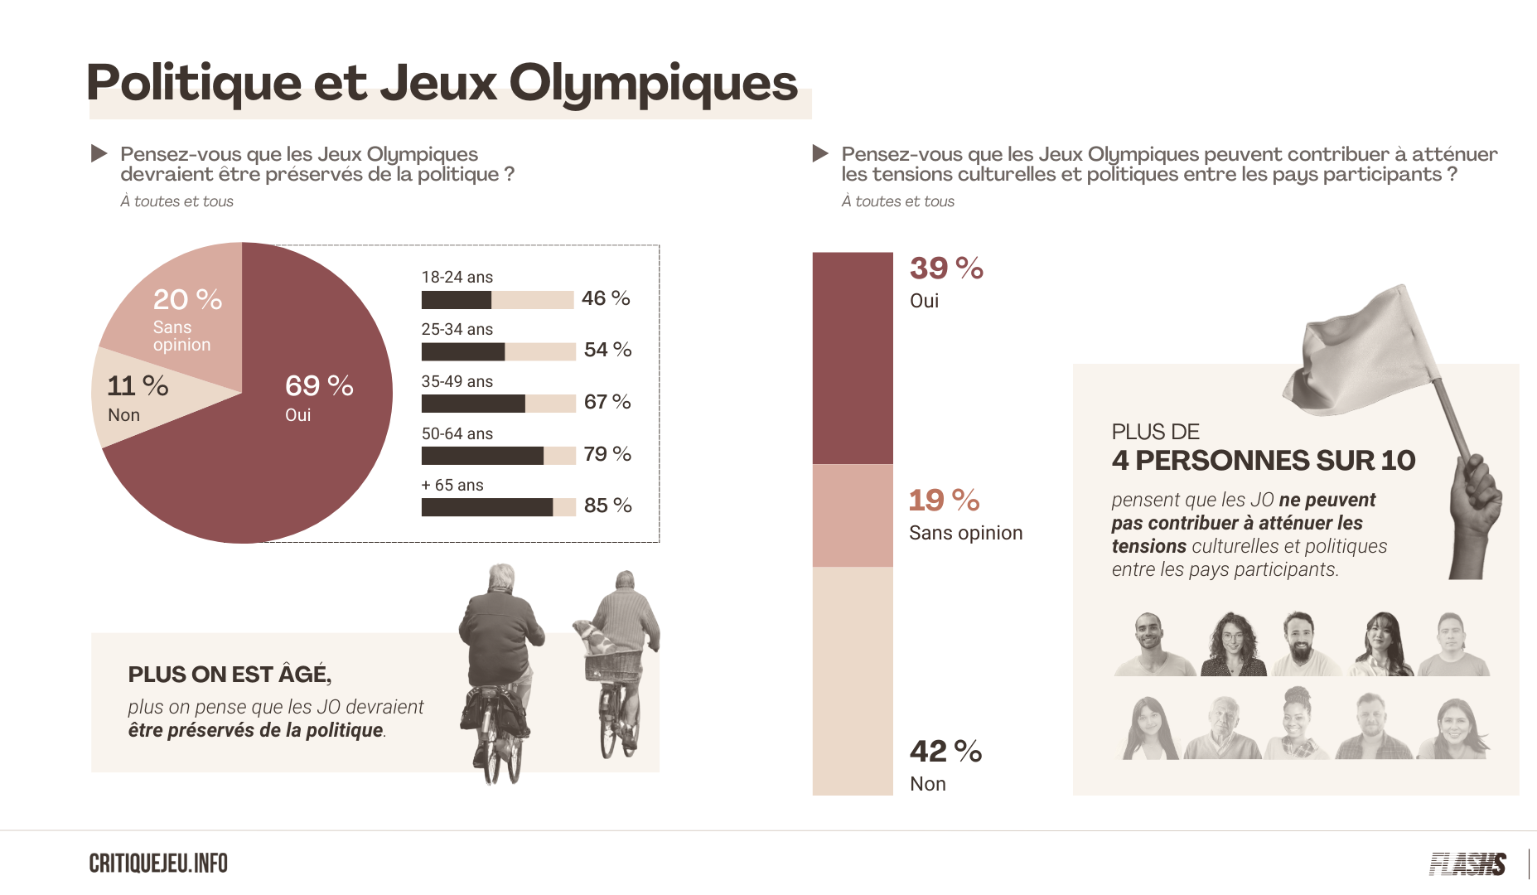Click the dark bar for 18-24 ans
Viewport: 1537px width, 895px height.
(457, 300)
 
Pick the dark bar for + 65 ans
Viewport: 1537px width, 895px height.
(487, 507)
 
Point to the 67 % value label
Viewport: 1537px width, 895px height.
(607, 402)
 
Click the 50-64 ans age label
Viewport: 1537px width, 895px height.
(457, 433)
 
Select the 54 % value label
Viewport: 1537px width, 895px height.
(607, 350)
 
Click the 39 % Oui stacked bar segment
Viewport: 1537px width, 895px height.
(853, 358)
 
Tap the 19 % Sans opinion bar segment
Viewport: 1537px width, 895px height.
(853, 515)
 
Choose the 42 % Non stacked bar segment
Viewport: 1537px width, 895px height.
(853, 681)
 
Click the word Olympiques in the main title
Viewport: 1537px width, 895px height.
(653, 85)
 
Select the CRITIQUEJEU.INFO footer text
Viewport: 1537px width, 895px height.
(158, 864)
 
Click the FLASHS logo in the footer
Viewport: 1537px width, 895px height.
(1467, 864)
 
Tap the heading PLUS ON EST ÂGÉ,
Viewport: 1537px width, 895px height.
(230, 674)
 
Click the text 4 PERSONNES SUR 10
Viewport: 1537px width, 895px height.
(1264, 461)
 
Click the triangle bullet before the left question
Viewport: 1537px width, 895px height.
(99, 153)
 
